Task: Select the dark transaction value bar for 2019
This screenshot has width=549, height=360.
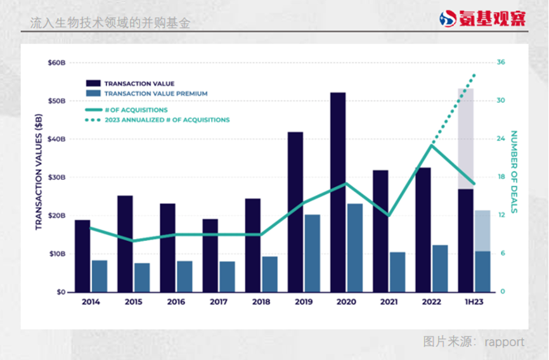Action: pos(295,212)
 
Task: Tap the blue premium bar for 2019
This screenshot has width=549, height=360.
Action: pos(312,253)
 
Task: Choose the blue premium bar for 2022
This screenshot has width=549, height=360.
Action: pos(440,268)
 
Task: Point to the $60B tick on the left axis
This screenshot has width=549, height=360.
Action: pos(57,63)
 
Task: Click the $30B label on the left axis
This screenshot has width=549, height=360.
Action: pos(57,177)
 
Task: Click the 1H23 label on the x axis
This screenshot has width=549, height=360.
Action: pos(474,302)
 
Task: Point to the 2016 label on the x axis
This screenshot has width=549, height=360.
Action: pos(176,302)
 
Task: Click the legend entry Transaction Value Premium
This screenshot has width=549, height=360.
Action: pos(156,94)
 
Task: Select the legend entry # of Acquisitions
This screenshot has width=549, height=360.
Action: pos(136,110)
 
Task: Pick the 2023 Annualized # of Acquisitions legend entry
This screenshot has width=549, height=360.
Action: pos(167,120)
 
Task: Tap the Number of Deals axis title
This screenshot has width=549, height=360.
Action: pos(514,171)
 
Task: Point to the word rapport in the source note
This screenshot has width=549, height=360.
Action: pos(505,342)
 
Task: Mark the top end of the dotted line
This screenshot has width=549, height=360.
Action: pos(474,75)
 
